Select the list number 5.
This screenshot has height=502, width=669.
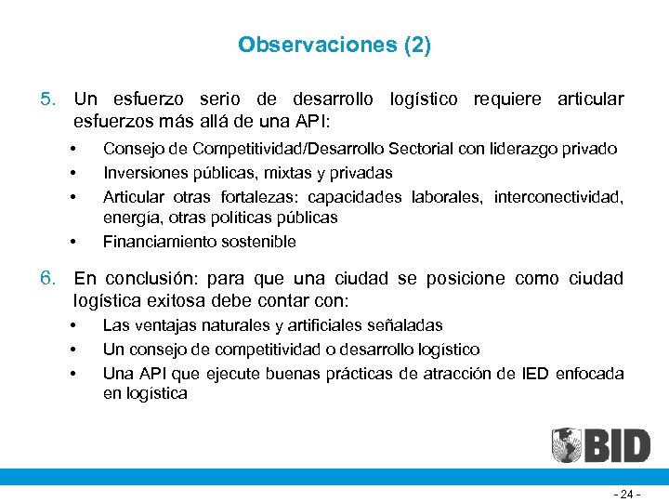tap(47, 99)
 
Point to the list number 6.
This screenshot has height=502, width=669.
tap(47, 279)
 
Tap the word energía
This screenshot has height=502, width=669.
tap(127, 218)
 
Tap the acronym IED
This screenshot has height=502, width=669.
tap(534, 374)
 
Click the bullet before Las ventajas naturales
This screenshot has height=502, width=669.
tap(72, 326)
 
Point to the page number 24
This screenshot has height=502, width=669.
tap(629, 495)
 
